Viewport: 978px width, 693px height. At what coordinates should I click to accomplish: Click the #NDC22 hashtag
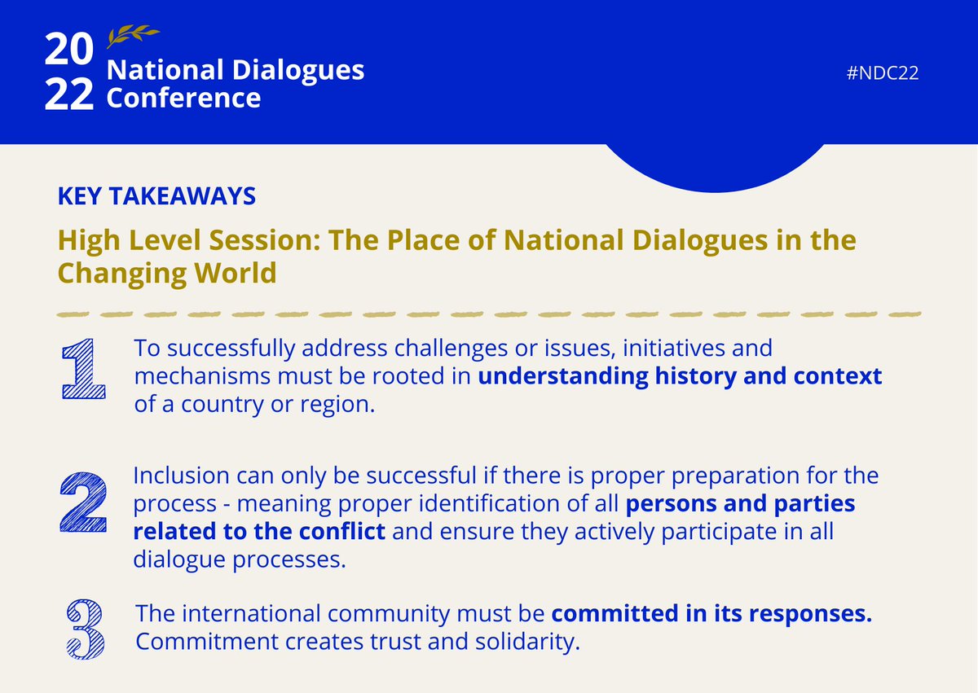pyautogui.click(x=883, y=73)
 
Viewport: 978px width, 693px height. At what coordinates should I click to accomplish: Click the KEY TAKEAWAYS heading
pyautogui.click(x=156, y=195)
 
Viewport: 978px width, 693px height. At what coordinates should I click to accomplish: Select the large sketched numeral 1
pyautogui.click(x=83, y=371)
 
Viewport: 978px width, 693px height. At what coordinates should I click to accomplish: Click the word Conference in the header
pyautogui.click(x=184, y=99)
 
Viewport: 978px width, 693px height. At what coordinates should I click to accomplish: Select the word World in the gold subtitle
pyautogui.click(x=236, y=273)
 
